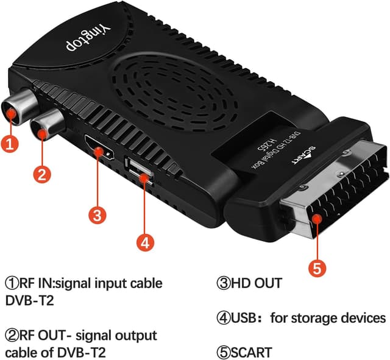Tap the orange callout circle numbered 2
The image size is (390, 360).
[41, 174]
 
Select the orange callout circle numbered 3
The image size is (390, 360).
[97, 214]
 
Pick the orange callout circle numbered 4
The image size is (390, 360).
[144, 242]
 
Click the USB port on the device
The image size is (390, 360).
[138, 170]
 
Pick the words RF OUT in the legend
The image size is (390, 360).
[41, 336]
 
